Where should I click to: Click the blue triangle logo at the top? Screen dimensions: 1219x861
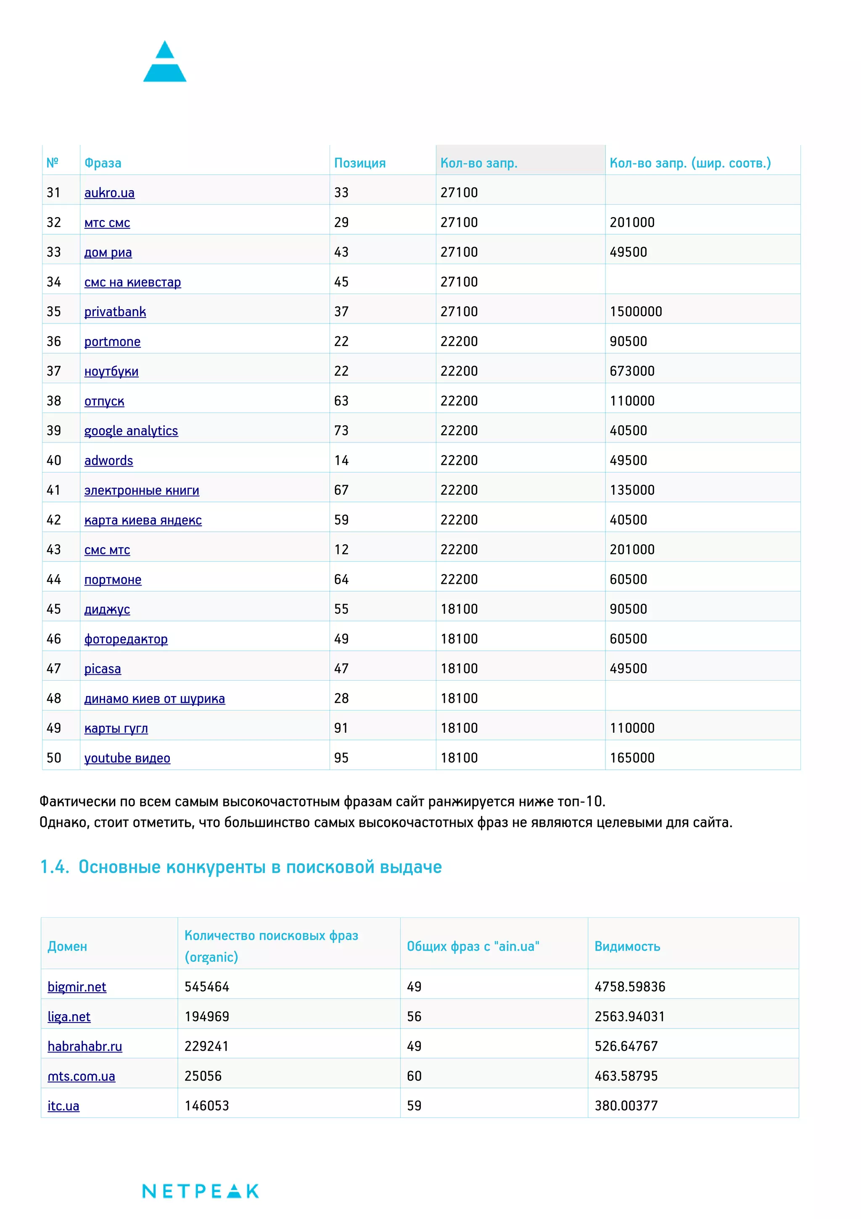[164, 62]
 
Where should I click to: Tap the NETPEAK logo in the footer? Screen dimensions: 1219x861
[200, 1191]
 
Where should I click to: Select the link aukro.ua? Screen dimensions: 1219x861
[109, 193]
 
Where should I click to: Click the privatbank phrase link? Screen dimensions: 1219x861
[115, 312]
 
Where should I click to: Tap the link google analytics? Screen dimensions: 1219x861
[131, 431]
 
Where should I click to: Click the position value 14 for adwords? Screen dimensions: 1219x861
[341, 460]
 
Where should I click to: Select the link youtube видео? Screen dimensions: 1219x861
[127, 758]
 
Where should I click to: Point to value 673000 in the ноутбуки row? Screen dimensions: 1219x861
[631, 371]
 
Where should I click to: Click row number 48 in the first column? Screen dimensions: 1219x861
[53, 698]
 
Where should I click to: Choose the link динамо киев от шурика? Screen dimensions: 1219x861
[154, 698]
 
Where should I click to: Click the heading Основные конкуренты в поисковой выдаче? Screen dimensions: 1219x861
[241, 867]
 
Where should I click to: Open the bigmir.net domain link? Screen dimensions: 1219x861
[77, 986]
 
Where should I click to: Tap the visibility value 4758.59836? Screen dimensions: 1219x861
[629, 986]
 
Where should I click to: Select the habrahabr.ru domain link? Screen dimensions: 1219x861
[85, 1046]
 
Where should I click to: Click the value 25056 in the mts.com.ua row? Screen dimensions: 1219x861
[203, 1076]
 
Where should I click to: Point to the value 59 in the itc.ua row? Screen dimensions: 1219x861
[414, 1105]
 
